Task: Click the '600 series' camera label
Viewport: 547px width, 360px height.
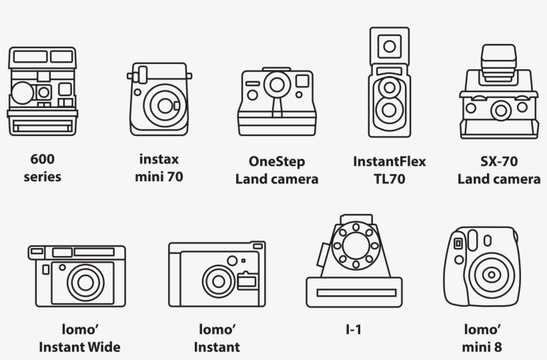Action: click(x=42, y=168)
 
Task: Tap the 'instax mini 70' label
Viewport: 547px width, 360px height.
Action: click(x=159, y=168)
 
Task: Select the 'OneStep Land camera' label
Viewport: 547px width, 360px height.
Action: click(x=276, y=170)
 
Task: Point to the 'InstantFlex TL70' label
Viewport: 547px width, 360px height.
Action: click(x=389, y=170)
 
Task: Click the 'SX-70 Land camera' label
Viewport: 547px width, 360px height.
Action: click(x=498, y=170)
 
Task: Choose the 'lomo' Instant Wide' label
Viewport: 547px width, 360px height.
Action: click(x=79, y=338)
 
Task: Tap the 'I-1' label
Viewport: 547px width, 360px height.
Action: click(x=354, y=329)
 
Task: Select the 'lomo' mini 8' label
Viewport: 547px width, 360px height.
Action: click(x=482, y=338)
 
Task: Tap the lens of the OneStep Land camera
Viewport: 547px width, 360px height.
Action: click(x=276, y=85)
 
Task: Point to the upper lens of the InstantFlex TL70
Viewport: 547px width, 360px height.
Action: click(x=388, y=87)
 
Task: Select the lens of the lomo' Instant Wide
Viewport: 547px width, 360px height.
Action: click(x=85, y=281)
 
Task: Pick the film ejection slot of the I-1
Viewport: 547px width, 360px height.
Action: click(x=354, y=292)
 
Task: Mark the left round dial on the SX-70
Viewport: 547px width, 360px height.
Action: click(x=472, y=107)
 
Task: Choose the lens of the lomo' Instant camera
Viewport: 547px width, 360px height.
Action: click(x=217, y=279)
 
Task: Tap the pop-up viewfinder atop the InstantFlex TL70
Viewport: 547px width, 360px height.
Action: click(x=388, y=45)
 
